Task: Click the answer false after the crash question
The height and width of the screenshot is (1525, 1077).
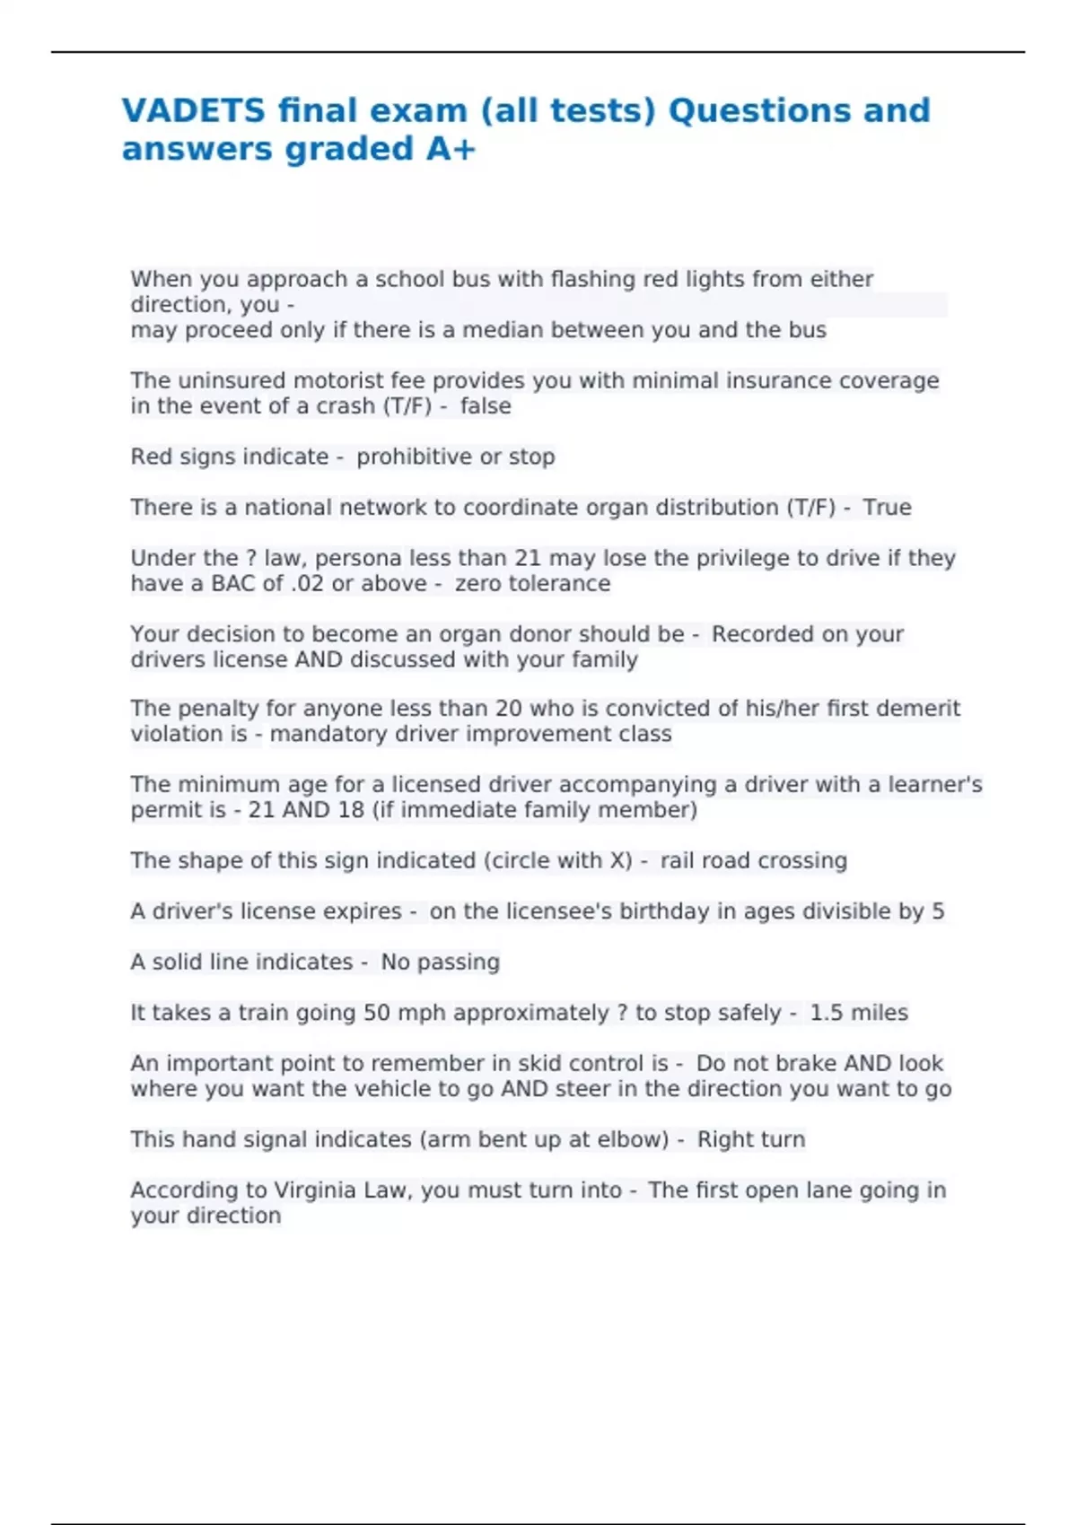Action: [486, 406]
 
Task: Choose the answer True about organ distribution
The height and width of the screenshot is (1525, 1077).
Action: [887, 508]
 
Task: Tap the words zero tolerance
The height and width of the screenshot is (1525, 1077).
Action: [532, 584]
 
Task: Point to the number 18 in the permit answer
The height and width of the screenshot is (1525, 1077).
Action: [351, 810]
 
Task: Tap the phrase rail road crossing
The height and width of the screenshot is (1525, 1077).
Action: [753, 861]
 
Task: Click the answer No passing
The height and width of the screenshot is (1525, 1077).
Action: [440, 963]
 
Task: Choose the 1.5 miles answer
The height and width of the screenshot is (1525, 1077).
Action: [859, 1013]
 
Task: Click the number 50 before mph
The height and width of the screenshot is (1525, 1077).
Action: [377, 1013]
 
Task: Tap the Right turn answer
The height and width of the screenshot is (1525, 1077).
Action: [751, 1140]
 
